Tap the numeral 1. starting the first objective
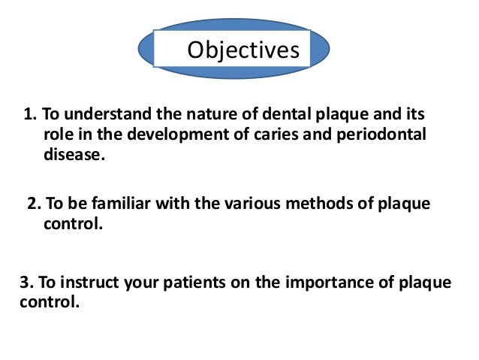30,116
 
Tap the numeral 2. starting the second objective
34,205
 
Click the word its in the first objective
414,116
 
